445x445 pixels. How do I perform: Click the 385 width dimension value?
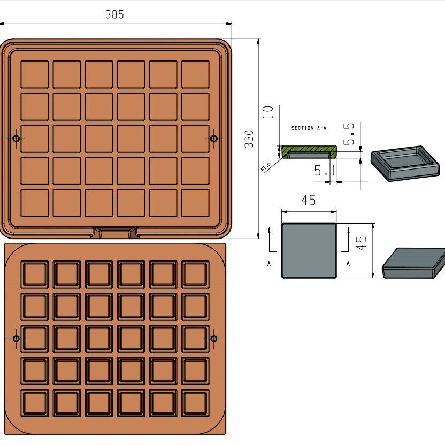pos(114,14)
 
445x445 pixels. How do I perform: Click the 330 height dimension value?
pos(249,139)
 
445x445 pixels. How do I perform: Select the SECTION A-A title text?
pos(309,128)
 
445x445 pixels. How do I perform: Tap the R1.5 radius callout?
pos(266,166)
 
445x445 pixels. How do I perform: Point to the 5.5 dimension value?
pos(349,134)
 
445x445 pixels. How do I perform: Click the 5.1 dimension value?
pos(325,171)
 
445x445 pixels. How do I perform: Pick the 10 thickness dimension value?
pos(267,112)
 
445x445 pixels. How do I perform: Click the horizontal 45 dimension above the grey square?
pos(309,200)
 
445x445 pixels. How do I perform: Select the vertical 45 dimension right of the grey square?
pos(361,243)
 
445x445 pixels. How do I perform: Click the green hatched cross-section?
pos(309,149)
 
